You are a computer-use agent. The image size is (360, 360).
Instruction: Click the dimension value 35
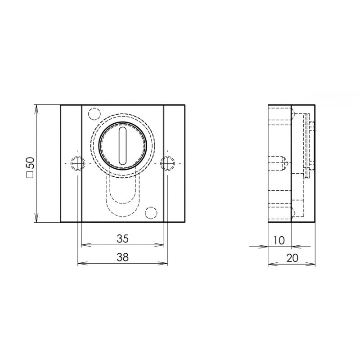click(x=122, y=239)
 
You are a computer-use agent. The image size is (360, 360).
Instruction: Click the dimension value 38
click(x=122, y=257)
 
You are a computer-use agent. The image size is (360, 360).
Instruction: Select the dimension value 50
click(x=30, y=163)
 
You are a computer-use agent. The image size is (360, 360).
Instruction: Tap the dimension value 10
click(x=279, y=240)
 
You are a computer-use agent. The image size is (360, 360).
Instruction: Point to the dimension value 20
click(x=292, y=258)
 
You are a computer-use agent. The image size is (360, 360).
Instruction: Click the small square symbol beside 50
click(x=30, y=175)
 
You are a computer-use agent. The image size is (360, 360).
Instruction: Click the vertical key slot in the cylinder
click(x=122, y=146)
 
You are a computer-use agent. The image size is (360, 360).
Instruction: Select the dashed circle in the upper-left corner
click(x=94, y=114)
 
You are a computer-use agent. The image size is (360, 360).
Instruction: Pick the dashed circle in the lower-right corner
click(x=151, y=213)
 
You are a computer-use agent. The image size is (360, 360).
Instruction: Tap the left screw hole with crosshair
click(x=78, y=163)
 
